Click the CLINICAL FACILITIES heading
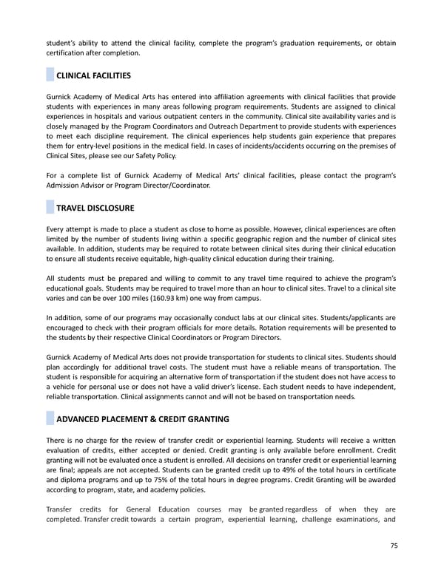pyautogui.click(x=94, y=75)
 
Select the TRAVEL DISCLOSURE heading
pyautogui.click(x=95, y=208)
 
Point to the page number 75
pyautogui.click(x=394, y=546)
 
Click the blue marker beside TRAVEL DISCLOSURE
pyautogui.click(x=50, y=208)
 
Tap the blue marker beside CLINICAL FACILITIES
pyautogui.click(x=50, y=75)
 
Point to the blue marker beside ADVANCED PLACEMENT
pyautogui.click(x=50, y=420)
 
